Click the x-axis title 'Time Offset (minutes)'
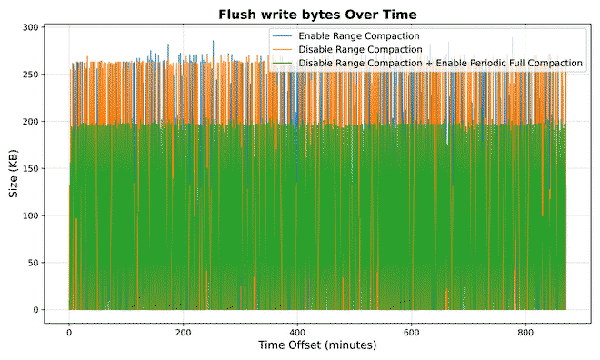point(317,346)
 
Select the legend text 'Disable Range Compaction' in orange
point(361,49)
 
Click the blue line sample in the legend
point(283,36)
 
